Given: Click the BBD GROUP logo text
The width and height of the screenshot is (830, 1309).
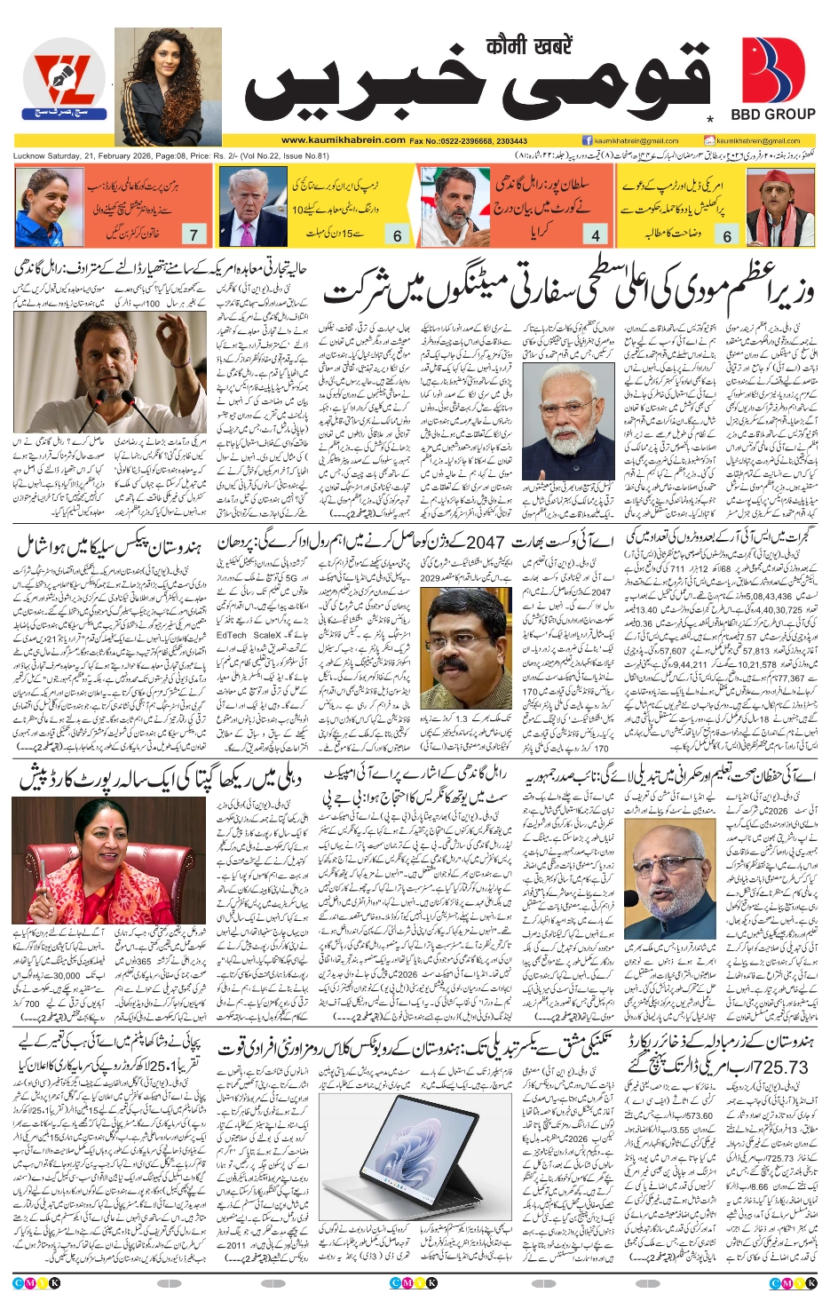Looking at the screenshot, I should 772,115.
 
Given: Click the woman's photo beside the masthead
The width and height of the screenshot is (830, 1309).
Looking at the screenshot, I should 168,86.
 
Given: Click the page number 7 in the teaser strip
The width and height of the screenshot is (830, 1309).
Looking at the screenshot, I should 194,235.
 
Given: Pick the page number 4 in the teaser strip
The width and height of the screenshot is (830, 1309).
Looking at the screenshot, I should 596,235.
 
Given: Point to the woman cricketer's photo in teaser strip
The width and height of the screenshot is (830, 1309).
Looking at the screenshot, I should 46,206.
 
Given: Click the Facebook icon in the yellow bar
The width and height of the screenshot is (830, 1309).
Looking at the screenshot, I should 587,140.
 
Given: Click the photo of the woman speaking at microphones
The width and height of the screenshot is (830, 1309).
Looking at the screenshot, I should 110,861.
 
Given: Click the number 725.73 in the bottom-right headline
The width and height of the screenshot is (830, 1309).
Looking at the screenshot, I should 778,1067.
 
